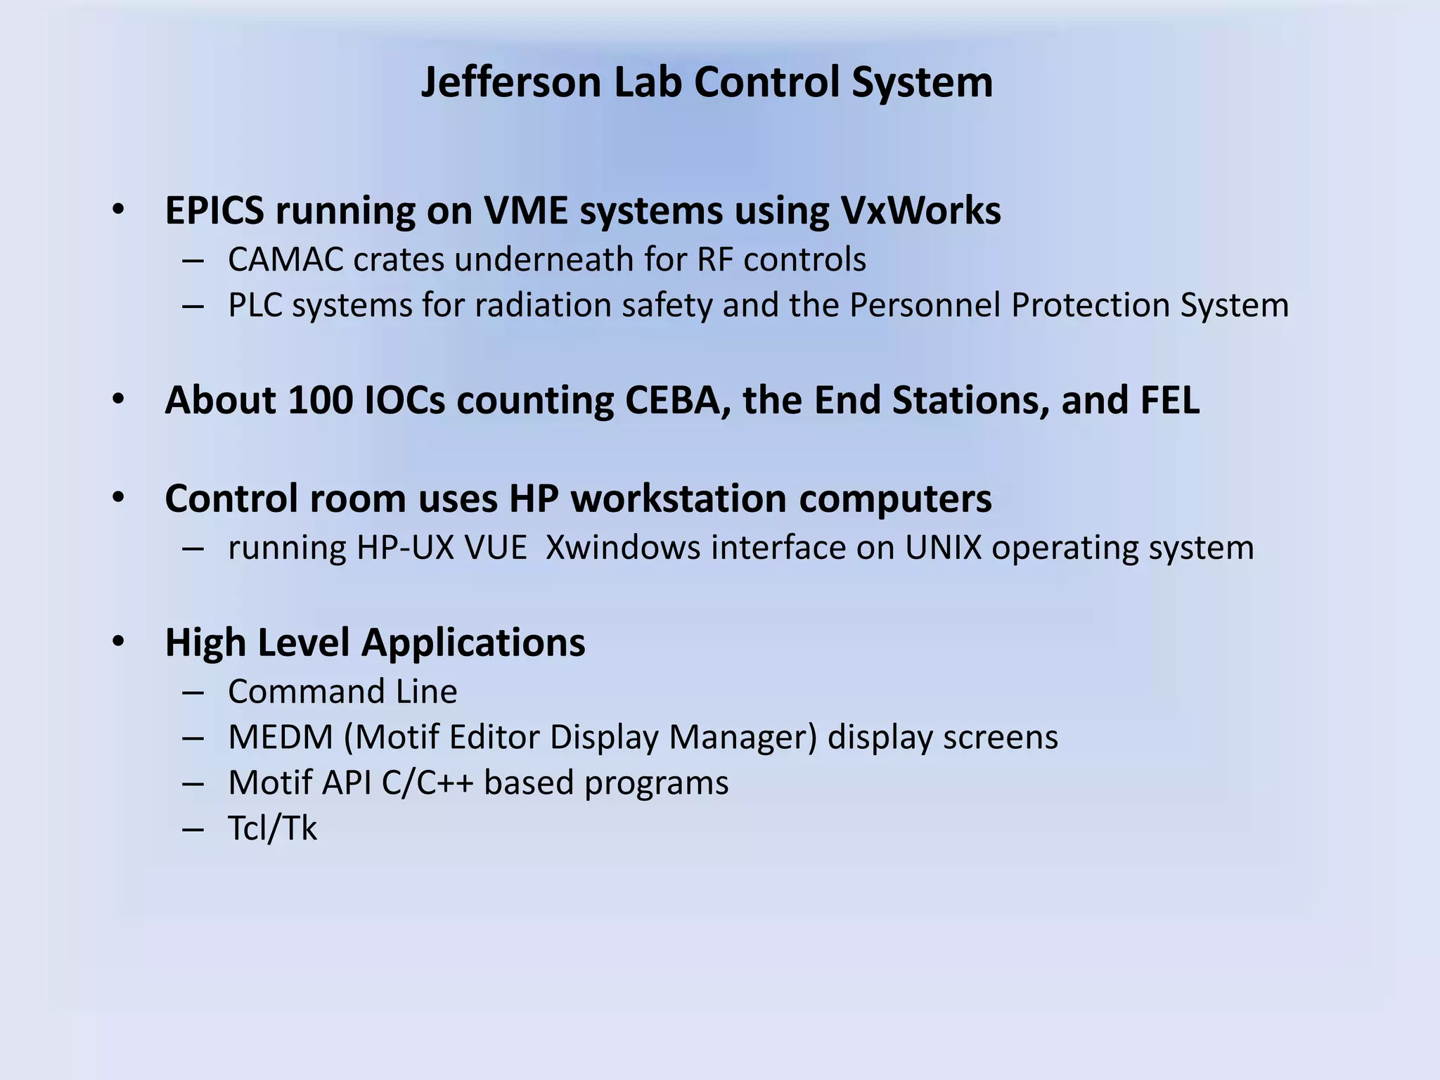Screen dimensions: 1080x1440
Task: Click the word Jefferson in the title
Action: click(x=511, y=82)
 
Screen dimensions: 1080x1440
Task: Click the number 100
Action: click(x=320, y=399)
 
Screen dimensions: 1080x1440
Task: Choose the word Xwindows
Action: click(x=623, y=548)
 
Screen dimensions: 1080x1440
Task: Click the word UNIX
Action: click(x=943, y=548)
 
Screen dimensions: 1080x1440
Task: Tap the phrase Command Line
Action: click(x=342, y=692)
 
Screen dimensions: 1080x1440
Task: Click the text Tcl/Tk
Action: click(x=272, y=829)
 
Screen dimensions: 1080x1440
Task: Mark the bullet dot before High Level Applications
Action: click(x=118, y=641)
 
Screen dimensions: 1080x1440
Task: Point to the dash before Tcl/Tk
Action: click(x=193, y=829)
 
